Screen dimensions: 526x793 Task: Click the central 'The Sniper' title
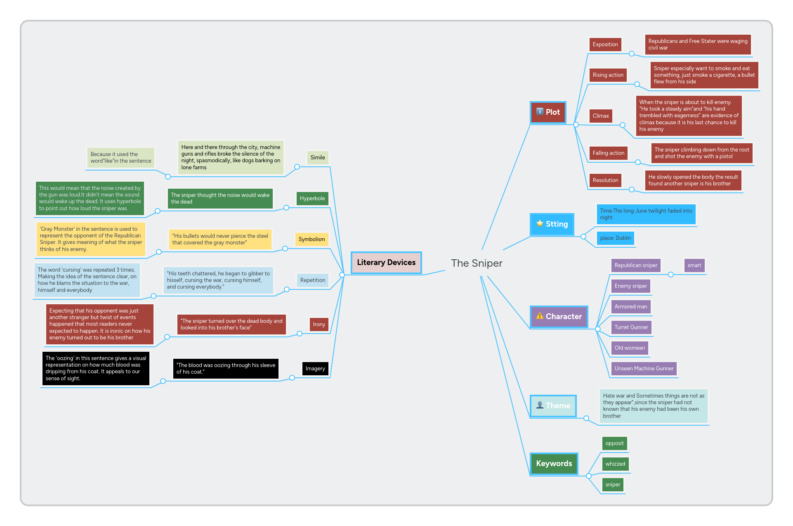(477, 263)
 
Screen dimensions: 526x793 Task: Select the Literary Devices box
(386, 263)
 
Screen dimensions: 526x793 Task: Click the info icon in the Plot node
(540, 111)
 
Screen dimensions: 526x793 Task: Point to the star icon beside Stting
(540, 223)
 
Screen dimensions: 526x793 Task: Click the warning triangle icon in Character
(540, 316)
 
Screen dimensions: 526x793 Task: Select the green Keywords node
(554, 464)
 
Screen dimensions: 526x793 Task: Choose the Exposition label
(605, 45)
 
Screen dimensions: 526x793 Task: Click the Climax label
(601, 116)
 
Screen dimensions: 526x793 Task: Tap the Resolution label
(605, 180)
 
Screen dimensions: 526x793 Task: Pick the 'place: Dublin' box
(615, 238)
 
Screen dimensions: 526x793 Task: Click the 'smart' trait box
(694, 265)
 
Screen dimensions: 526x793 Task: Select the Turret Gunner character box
(631, 327)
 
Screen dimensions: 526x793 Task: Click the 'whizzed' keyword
(615, 464)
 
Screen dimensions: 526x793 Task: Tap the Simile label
(318, 158)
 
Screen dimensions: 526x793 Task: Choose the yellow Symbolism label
(312, 239)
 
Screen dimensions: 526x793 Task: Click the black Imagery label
(315, 369)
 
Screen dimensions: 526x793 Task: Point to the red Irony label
(319, 325)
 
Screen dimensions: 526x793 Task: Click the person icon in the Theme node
(540, 405)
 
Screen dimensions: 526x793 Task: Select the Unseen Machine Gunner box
(644, 369)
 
